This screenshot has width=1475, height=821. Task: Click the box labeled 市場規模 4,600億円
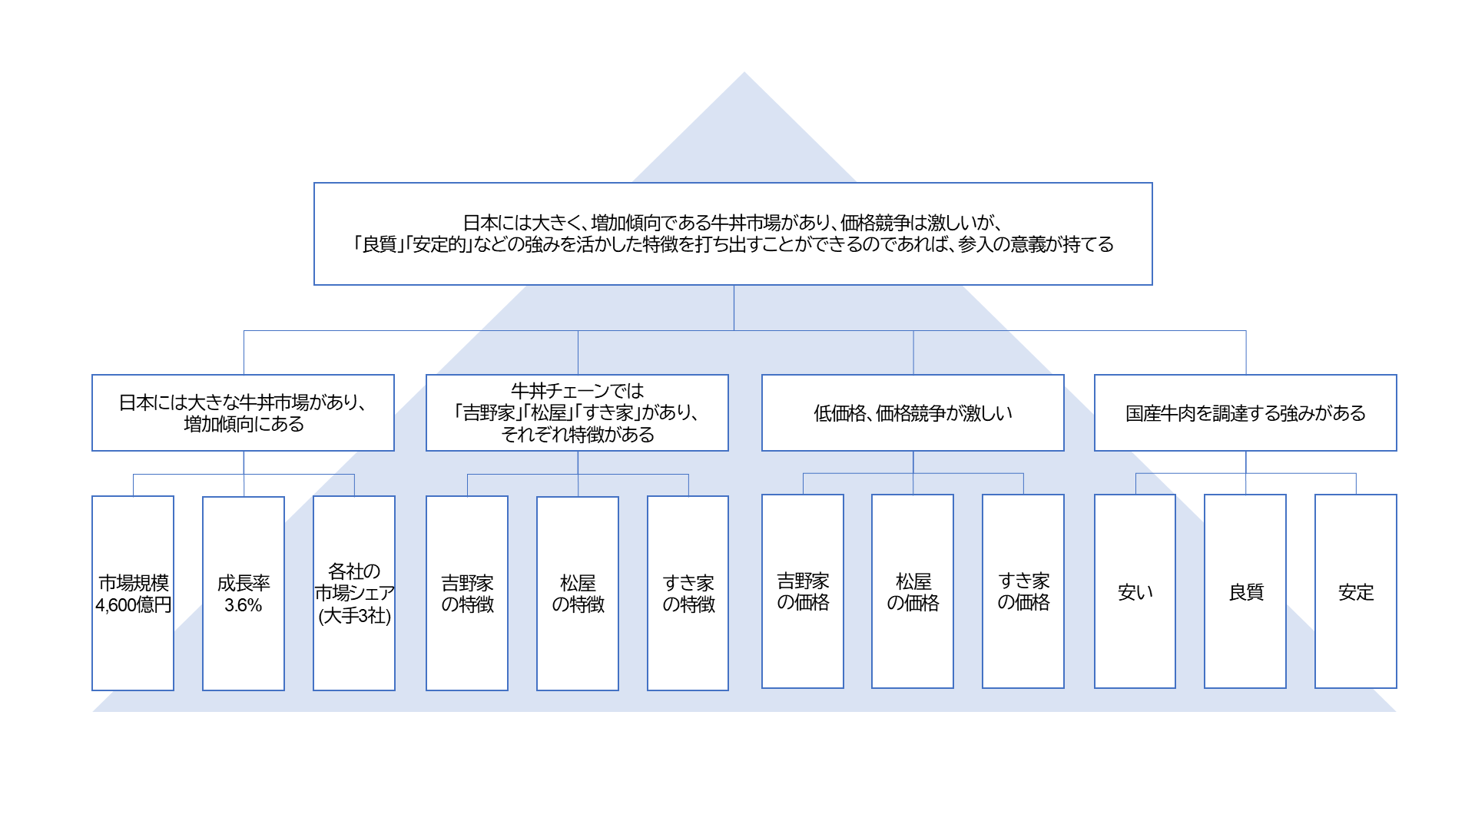coord(133,592)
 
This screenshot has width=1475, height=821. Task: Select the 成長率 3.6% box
coord(244,592)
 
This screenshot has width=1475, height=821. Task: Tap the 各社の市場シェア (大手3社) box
coord(354,592)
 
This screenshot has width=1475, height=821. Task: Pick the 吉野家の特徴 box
coord(467,592)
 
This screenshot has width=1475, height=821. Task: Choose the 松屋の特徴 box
coord(578,592)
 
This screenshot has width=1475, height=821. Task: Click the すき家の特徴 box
coord(688,592)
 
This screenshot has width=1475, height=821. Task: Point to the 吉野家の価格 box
coord(803,591)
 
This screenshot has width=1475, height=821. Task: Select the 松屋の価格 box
coord(913,591)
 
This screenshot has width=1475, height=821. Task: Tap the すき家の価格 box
coord(1023,591)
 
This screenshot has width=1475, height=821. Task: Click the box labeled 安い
coord(1135,591)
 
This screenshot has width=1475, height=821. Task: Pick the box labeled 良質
coord(1245,591)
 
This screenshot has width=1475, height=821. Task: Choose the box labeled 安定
coord(1356,591)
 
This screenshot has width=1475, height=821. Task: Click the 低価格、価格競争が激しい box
coord(913,412)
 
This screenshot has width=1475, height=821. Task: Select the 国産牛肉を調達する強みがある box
coord(1245,412)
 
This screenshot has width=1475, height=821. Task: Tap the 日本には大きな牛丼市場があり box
coord(243,412)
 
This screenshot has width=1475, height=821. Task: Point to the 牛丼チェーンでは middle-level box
coord(577,412)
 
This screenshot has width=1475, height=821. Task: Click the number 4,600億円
coord(133,605)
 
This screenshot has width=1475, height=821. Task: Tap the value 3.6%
coord(244,605)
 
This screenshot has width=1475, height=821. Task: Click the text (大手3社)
coord(354,616)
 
